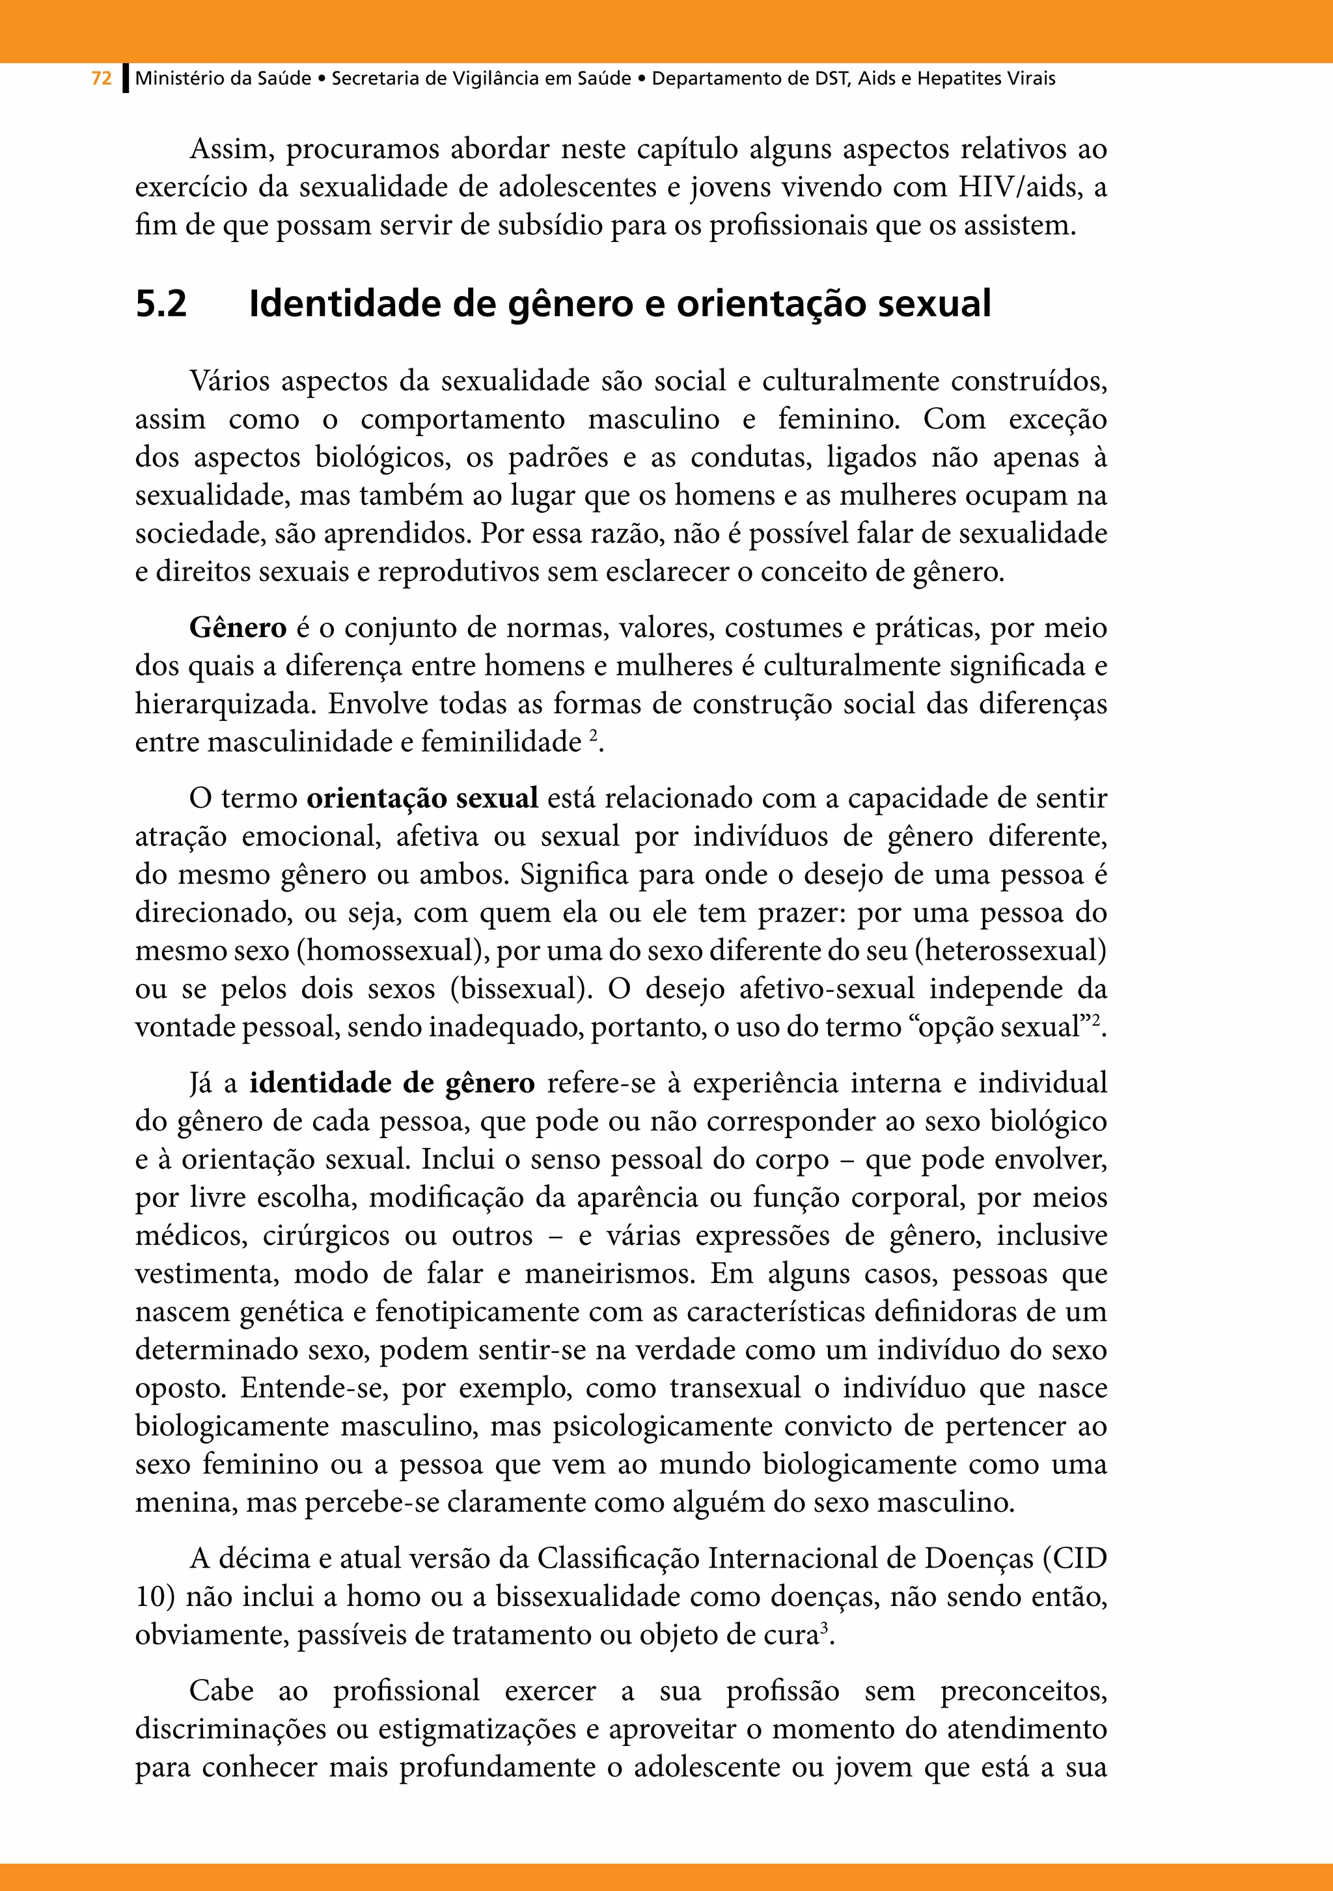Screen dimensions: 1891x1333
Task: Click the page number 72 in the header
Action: click(102, 79)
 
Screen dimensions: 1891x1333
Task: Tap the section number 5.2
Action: click(161, 304)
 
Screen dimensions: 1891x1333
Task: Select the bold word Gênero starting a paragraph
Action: click(238, 629)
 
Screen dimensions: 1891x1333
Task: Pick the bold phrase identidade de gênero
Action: click(392, 1083)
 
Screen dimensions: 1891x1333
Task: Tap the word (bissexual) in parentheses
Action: click(521, 989)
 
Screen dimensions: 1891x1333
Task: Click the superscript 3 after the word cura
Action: click(824, 1628)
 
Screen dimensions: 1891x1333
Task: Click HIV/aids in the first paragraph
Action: click(1019, 188)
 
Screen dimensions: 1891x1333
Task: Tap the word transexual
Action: click(735, 1389)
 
